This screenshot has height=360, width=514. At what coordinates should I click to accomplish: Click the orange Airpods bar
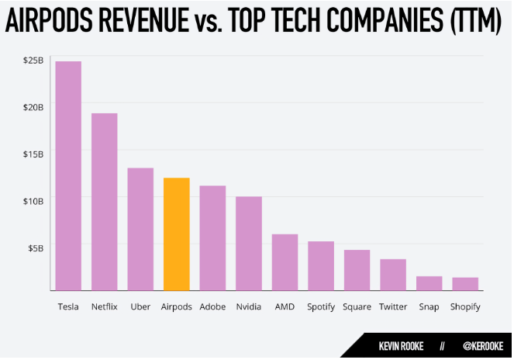pyautogui.click(x=177, y=234)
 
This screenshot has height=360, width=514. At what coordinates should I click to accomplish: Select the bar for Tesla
pyautogui.click(x=68, y=175)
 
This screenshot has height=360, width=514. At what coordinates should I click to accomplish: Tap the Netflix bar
pyautogui.click(x=105, y=202)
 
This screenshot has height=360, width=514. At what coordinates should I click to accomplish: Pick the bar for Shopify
pyautogui.click(x=465, y=283)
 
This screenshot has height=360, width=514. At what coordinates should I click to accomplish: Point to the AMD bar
pyautogui.click(x=285, y=262)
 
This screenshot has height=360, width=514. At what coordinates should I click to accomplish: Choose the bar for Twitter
pyautogui.click(x=393, y=275)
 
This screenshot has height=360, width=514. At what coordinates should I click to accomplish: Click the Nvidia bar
pyautogui.click(x=249, y=244)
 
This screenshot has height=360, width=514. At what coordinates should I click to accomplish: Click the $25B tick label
pyautogui.click(x=32, y=60)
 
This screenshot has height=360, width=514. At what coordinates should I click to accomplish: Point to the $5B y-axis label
pyautogui.click(x=35, y=248)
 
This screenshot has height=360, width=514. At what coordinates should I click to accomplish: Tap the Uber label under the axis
pyautogui.click(x=140, y=306)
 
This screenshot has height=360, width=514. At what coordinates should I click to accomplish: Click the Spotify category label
pyautogui.click(x=321, y=306)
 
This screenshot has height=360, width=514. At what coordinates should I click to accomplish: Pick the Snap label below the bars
pyautogui.click(x=429, y=306)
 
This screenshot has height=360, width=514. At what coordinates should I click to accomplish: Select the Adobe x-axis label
pyautogui.click(x=212, y=306)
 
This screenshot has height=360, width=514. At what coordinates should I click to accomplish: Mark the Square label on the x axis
pyautogui.click(x=357, y=306)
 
